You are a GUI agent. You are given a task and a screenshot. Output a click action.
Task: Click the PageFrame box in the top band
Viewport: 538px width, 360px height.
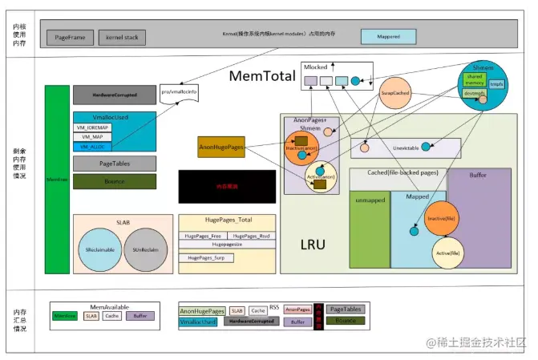pyautogui.click(x=71, y=38)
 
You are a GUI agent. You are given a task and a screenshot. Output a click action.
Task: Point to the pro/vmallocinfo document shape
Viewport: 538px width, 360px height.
pyautogui.click(x=179, y=93)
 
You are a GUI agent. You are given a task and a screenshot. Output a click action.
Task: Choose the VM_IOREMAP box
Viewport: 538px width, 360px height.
pyautogui.click(x=91, y=127)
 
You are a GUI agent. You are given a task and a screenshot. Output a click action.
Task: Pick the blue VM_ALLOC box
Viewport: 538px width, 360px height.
pyautogui.click(x=91, y=147)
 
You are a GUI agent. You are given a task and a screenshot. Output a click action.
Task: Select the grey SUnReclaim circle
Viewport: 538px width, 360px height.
pyautogui.click(x=145, y=250)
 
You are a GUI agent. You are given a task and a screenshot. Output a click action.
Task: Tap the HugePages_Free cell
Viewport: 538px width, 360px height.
pyautogui.click(x=203, y=237)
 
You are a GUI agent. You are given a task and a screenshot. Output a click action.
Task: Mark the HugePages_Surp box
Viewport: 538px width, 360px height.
pyautogui.click(x=206, y=257)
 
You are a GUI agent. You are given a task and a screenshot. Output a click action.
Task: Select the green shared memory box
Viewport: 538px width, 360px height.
pyautogui.click(x=474, y=79)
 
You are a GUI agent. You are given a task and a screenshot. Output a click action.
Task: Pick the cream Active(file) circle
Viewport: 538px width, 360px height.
pyautogui.click(x=447, y=253)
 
